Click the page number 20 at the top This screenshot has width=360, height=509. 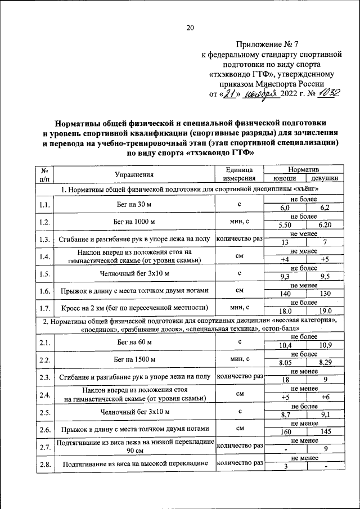[x=190, y=28]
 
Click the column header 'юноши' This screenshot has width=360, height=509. [x=283, y=178]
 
